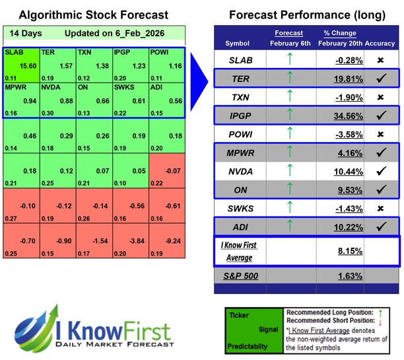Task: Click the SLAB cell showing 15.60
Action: [x=21, y=64]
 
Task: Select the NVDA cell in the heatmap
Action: [x=57, y=100]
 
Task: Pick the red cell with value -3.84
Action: [x=130, y=242]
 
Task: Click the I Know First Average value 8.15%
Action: [x=340, y=252]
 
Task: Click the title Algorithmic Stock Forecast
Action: [x=93, y=15]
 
